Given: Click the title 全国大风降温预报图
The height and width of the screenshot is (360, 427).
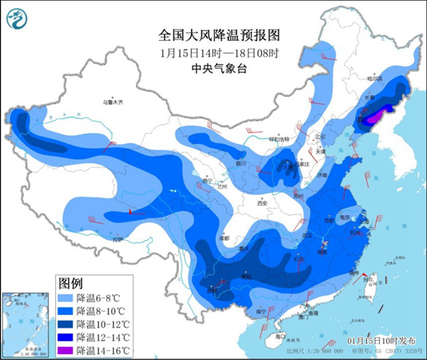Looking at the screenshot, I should pyautogui.click(x=213, y=36).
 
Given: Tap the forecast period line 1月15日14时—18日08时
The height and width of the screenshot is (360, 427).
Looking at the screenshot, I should pyautogui.click(x=213, y=54).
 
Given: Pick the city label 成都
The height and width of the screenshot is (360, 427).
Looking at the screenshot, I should pyautogui.click(x=222, y=238).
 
